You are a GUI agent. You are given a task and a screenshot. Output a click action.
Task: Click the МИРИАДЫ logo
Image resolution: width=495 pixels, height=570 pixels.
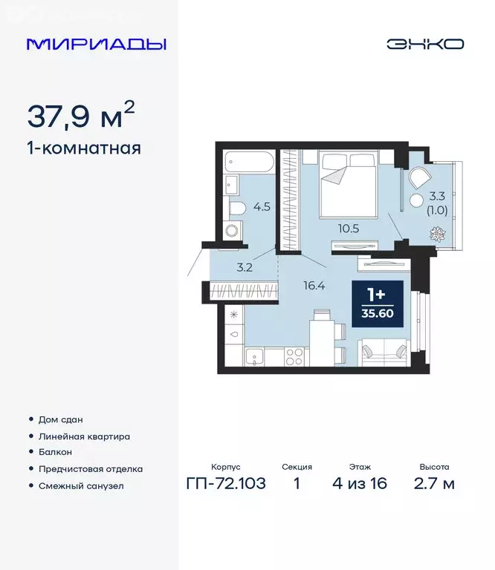click(x=97, y=44)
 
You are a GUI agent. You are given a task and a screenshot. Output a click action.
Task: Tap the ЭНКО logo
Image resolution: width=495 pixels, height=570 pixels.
click(x=424, y=44)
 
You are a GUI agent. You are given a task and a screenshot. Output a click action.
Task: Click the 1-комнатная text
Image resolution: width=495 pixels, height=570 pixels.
click(x=83, y=148)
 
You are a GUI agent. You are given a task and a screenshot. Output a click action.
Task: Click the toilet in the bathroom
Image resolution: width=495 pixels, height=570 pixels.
click(x=238, y=207)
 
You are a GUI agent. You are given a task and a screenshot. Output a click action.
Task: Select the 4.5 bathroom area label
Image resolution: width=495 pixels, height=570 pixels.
click(x=261, y=207)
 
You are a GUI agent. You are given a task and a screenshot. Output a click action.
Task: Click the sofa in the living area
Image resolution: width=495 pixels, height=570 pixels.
click(x=384, y=350)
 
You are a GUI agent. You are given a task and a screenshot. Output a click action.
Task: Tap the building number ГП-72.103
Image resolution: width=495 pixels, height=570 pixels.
click(x=225, y=485)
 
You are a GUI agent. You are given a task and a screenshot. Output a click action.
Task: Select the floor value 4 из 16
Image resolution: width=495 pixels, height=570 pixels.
click(x=360, y=485)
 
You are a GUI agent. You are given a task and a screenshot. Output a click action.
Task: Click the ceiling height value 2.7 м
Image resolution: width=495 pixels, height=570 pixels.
click(x=433, y=485)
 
